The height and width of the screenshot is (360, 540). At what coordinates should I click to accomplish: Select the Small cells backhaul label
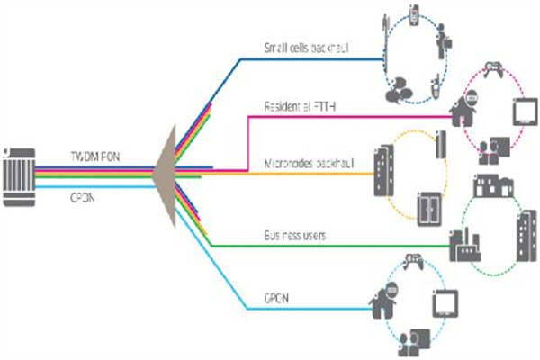305,47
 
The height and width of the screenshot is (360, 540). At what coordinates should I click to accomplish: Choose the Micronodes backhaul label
310,162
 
